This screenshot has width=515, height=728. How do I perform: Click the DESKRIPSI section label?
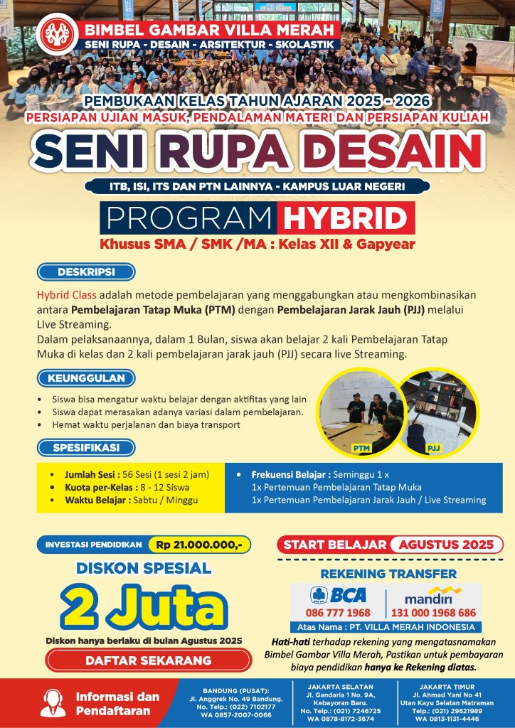[86, 272]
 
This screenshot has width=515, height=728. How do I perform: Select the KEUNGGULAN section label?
[86, 378]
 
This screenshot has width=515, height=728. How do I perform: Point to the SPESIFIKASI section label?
[86, 447]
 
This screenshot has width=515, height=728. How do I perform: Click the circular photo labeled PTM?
[357, 412]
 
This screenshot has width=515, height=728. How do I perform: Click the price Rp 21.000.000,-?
[199, 545]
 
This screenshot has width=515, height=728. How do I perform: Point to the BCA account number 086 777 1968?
[338, 613]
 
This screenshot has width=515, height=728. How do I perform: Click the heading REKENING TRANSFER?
[388, 574]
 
